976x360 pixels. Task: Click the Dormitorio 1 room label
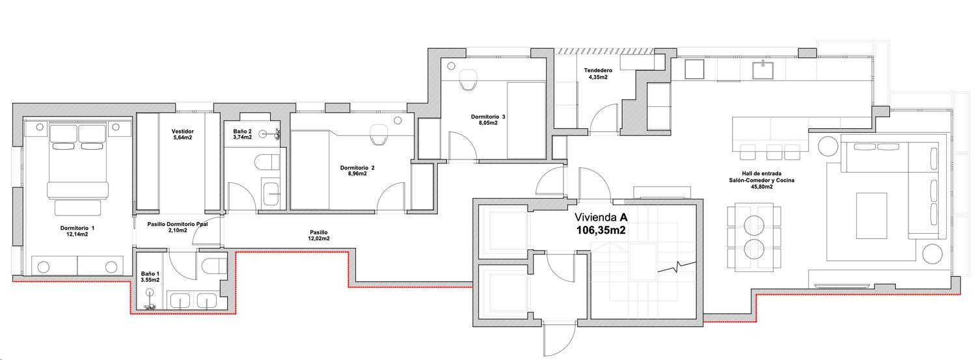pos(77,231)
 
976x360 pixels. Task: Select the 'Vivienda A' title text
pos(601,217)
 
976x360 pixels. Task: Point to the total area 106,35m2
pos(601,230)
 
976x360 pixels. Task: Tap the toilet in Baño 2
pos(267,162)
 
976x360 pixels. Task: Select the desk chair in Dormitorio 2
pos(378,135)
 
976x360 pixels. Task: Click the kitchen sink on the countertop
pos(763,70)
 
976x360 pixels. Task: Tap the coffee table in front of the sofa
pos(871,215)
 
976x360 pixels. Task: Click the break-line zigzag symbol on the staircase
pos(677,266)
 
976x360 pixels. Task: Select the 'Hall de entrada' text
pos(761,173)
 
